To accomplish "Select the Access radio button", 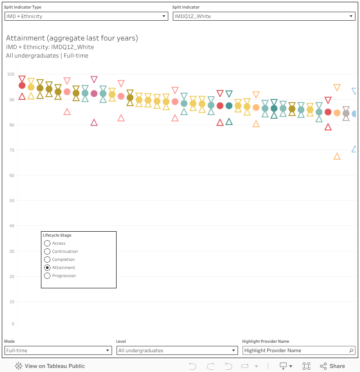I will [x=47, y=243].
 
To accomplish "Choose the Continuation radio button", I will [x=47, y=251].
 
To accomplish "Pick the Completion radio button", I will [x=47, y=260].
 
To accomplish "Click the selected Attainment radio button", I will [x=47, y=268].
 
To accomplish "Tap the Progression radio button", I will [x=47, y=276].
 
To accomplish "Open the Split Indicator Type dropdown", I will [x=86, y=16].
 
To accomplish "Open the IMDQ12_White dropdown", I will [x=264, y=16].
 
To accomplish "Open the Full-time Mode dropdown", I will [x=58, y=350].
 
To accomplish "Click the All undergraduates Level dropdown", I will [x=177, y=350].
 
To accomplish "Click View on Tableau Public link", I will [x=50, y=366].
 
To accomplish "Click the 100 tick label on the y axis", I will [x=11, y=74].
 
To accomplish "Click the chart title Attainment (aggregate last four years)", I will [x=72, y=38].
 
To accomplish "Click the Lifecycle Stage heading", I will [x=57, y=235].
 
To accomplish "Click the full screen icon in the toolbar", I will [x=306, y=366].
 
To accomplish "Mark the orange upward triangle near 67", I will [x=337, y=157].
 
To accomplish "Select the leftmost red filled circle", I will [x=22, y=85].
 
